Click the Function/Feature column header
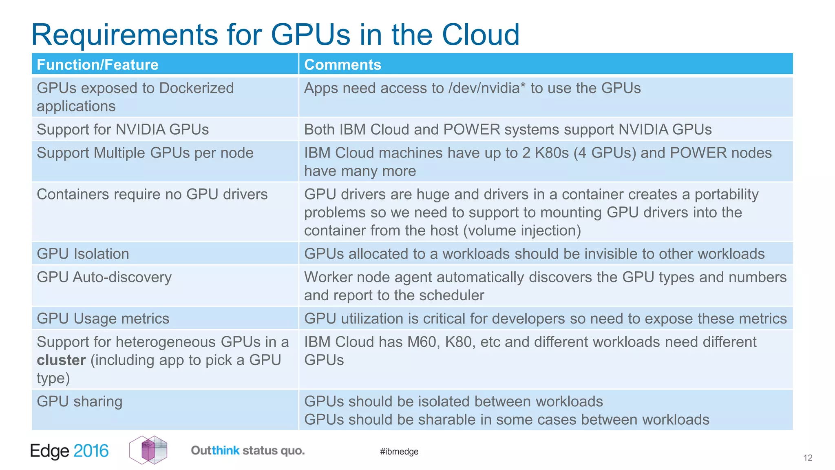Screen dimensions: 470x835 [97, 64]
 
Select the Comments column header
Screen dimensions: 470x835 [342, 64]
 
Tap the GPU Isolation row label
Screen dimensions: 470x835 [83, 254]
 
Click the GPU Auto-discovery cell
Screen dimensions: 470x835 [104, 277]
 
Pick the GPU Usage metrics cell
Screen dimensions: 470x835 [103, 319]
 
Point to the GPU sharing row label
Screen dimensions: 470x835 [80, 401]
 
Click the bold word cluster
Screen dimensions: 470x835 [61, 360]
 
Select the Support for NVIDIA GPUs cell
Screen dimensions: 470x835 [123, 129]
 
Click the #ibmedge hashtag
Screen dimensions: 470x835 [399, 452]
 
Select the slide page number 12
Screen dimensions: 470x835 [808, 458]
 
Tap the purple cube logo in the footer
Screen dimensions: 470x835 [148, 450]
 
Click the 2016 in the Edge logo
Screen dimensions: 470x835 [91, 451]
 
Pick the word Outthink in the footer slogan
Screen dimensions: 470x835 [215, 450]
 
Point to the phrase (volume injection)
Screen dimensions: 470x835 [522, 231]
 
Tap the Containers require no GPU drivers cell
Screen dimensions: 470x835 [152, 195]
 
